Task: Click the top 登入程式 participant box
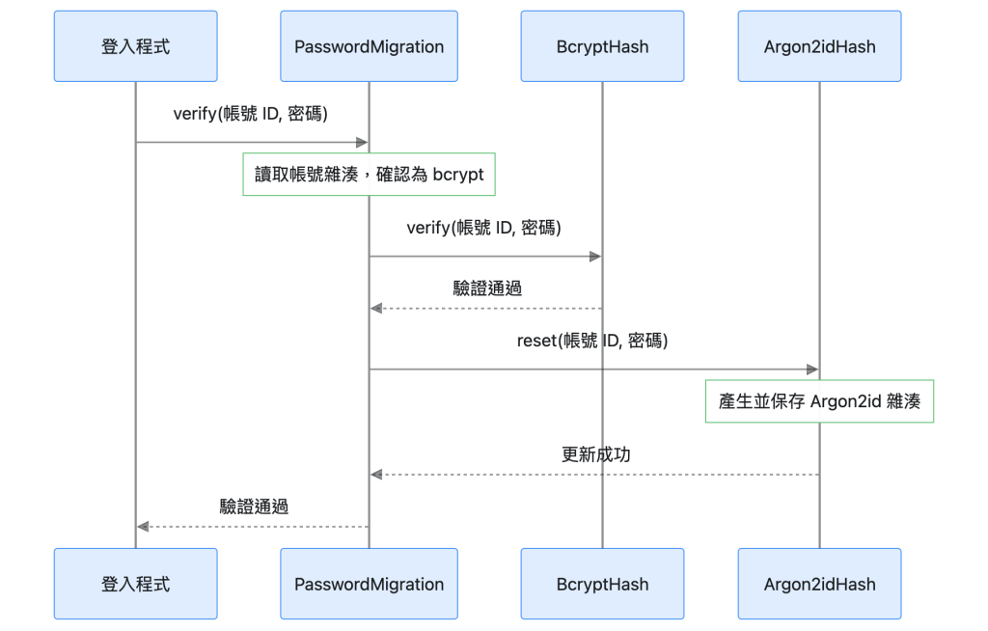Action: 135,46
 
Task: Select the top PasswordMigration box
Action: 369,46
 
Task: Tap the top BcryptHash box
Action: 602,46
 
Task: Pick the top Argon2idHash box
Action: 819,46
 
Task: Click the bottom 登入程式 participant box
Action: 135,584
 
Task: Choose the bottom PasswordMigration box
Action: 369,584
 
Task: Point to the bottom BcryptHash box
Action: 602,584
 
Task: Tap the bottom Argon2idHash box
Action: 819,584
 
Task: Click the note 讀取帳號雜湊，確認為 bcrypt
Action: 369,174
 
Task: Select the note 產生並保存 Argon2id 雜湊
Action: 819,401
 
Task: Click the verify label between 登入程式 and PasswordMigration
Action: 250,114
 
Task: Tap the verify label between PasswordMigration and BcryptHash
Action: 484,228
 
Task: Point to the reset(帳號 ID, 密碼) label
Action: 592,341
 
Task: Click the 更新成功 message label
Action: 595,454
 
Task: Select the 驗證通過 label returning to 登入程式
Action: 254,507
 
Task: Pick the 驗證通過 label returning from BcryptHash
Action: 487,288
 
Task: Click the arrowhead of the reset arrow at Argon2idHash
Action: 812,370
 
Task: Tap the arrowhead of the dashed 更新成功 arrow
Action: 376,474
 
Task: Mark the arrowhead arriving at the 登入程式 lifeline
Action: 143,527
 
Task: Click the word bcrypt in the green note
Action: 458,175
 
